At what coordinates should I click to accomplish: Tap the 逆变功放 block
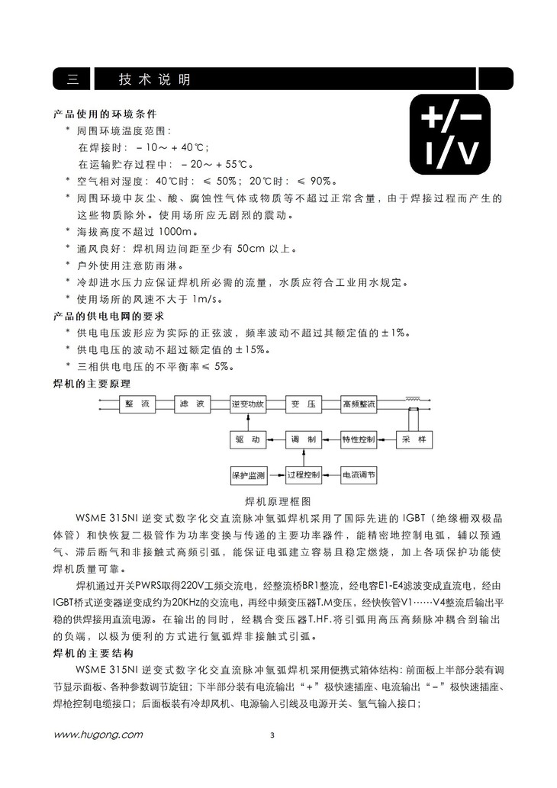247,404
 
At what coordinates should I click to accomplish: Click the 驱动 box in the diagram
247,440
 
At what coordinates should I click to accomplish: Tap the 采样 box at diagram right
415,440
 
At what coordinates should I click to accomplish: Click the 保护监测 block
247,475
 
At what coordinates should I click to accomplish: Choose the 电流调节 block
358,475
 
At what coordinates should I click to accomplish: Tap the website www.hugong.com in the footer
98,735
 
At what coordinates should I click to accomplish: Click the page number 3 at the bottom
272,736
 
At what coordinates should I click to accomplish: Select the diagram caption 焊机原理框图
278,501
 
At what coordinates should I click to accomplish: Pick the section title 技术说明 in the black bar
155,79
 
